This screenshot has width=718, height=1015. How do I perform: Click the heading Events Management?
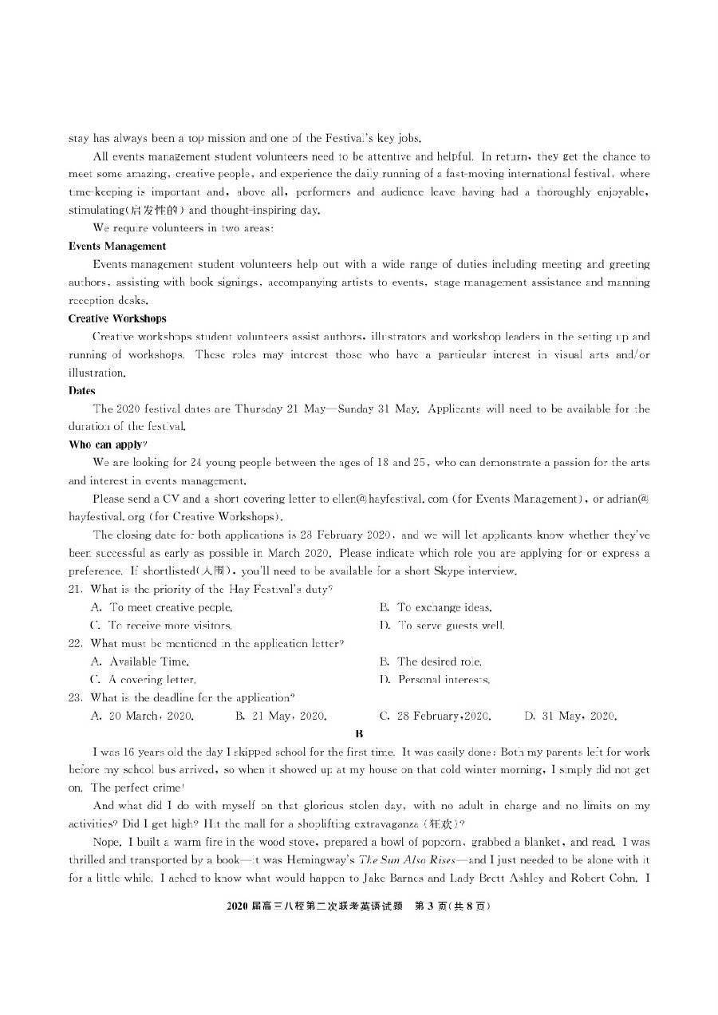[x=117, y=247]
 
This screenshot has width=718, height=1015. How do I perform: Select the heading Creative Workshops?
[x=117, y=318]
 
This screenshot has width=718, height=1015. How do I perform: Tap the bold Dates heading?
[x=82, y=391]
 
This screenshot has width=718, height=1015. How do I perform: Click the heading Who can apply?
[x=108, y=444]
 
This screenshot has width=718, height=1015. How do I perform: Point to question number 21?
[x=76, y=589]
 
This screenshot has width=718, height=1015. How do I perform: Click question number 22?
[x=76, y=643]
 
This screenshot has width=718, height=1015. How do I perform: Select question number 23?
[x=76, y=697]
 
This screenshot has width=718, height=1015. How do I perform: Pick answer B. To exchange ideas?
[x=436, y=607]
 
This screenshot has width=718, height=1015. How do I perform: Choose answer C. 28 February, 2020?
[x=435, y=716]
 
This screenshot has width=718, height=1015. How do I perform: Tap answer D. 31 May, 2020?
[x=570, y=716]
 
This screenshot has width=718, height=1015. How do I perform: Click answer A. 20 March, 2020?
[x=142, y=716]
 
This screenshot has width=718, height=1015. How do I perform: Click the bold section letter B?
[x=359, y=733]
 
